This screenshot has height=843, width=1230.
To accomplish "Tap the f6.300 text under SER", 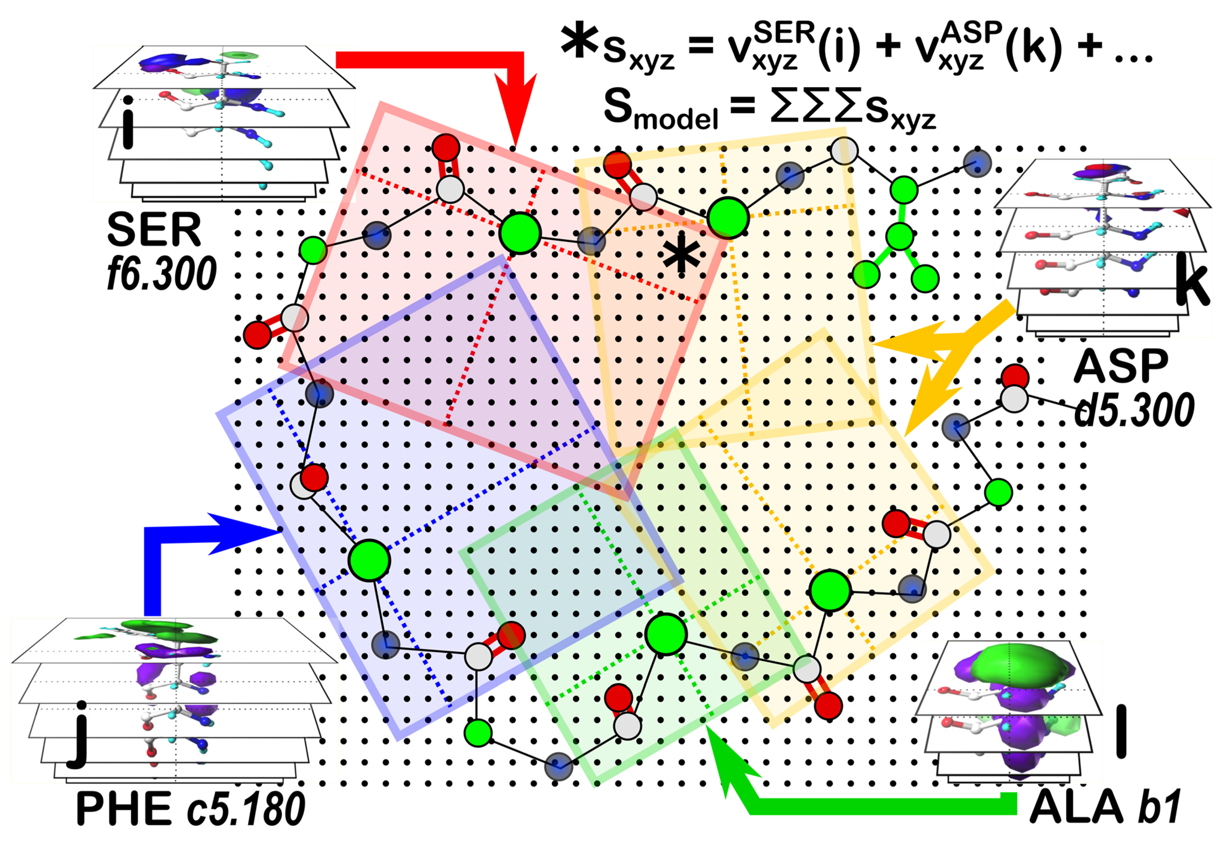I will (161, 273).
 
